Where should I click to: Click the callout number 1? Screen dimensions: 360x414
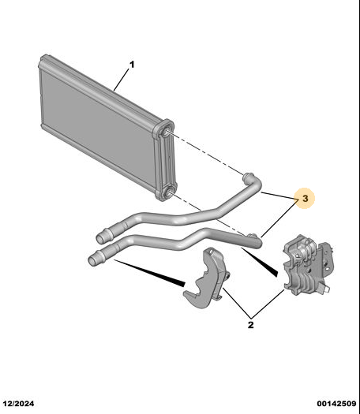(x=132, y=65)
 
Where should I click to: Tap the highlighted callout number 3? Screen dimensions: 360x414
(x=305, y=198)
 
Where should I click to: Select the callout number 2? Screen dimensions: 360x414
(x=250, y=324)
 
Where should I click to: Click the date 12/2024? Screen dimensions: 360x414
(x=18, y=404)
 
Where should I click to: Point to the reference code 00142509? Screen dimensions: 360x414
(x=337, y=404)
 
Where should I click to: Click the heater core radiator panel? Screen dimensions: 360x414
(x=106, y=128)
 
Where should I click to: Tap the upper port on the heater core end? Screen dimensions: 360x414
(x=167, y=132)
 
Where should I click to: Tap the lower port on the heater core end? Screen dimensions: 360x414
(x=167, y=194)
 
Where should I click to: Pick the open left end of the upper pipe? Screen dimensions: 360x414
(x=100, y=239)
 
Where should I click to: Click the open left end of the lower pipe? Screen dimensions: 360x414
(x=92, y=260)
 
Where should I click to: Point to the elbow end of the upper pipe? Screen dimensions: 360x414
(x=249, y=177)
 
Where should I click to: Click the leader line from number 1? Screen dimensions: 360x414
(x=122, y=80)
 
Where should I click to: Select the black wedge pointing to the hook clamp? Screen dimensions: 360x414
(x=149, y=273)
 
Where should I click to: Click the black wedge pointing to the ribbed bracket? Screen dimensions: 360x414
(x=260, y=262)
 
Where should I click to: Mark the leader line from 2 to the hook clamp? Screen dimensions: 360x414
(x=237, y=303)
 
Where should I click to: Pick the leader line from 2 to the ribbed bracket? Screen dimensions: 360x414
(x=268, y=304)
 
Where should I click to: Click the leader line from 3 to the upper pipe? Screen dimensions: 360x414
(x=279, y=196)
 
